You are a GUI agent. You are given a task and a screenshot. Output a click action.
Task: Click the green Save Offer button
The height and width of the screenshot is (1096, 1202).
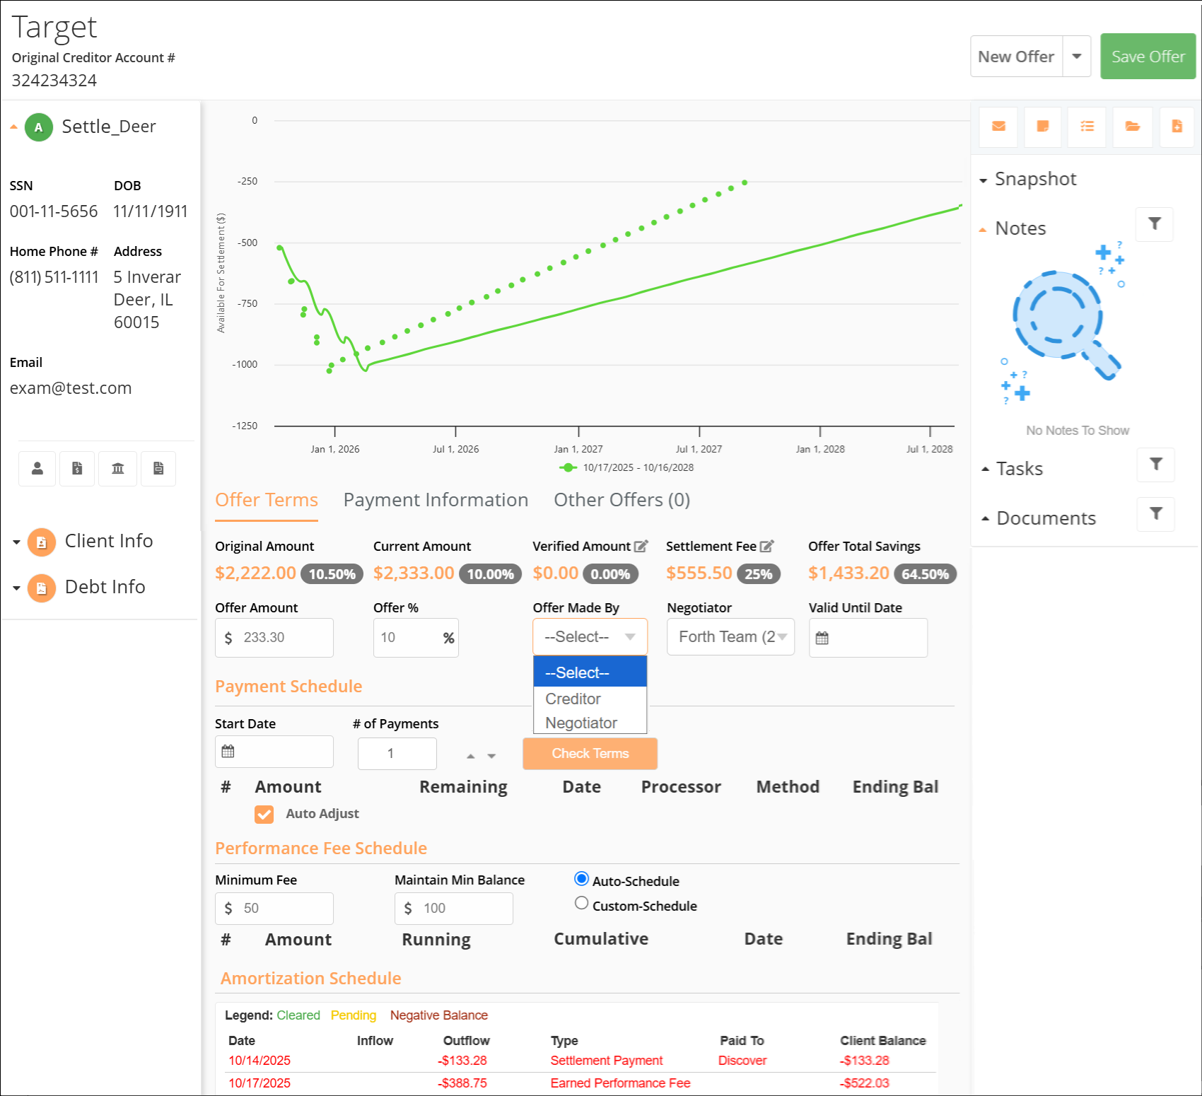point(1148,57)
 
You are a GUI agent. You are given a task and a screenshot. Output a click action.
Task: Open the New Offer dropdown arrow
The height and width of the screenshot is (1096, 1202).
point(1077,57)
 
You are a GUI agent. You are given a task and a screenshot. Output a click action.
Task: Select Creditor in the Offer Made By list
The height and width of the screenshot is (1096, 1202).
point(573,699)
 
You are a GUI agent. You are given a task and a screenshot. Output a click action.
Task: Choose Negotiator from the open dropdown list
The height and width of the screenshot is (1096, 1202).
point(581,723)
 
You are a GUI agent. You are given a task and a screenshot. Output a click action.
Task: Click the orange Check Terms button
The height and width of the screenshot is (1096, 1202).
point(590,754)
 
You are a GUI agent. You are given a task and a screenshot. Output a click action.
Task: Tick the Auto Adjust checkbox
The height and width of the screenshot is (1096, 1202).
point(264,815)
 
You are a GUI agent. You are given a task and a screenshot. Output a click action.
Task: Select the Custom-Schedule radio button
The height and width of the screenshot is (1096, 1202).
point(581,903)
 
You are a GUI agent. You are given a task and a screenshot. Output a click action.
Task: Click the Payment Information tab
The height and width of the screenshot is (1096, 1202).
point(436,500)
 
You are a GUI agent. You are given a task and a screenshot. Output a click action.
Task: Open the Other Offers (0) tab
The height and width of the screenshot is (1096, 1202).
point(622,500)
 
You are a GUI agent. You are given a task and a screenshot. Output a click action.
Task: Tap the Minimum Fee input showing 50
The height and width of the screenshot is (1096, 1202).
point(274,909)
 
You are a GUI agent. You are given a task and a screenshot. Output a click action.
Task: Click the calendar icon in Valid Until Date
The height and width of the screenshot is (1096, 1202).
point(822,639)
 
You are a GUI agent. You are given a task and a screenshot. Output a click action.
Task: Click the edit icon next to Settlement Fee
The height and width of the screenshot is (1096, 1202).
point(766,547)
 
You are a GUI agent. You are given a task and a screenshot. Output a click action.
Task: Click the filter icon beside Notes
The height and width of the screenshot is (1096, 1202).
point(1155,224)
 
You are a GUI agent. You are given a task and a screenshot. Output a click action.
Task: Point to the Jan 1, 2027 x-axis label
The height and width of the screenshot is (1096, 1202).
point(578,449)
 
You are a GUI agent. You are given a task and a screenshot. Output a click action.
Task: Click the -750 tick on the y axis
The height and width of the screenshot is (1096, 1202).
point(247,304)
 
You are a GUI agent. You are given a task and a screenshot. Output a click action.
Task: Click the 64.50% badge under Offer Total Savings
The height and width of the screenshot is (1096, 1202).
point(925,574)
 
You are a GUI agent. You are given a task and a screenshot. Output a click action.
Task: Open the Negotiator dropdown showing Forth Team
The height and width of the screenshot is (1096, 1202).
point(730,637)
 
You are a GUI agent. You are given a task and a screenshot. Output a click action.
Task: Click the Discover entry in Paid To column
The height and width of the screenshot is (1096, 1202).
point(742,1061)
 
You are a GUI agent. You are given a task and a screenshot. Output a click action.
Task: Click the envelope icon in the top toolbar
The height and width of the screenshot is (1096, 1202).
point(998,127)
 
